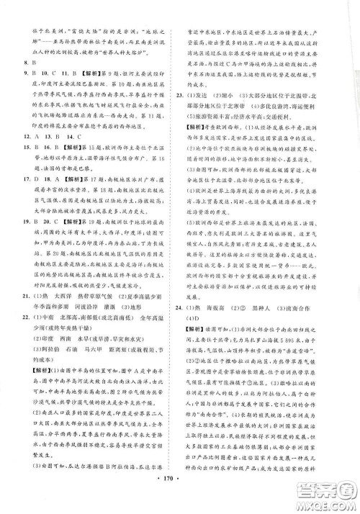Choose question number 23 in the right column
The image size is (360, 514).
(189, 94)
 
